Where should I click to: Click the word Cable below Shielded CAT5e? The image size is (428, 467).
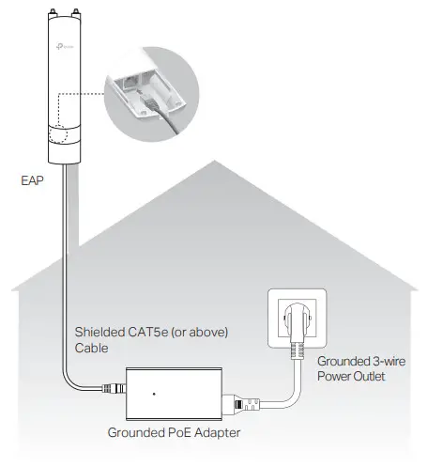[x=91, y=347]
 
